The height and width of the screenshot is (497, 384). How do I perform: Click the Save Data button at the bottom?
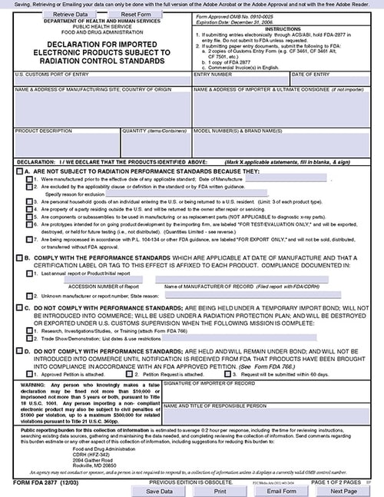coord(159,489)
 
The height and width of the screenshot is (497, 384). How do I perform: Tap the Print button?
coord(220,489)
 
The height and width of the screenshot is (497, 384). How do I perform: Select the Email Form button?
coord(281,489)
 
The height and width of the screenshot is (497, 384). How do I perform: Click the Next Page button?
coord(343,489)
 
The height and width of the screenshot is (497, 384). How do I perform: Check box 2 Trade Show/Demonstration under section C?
coord(28,337)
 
